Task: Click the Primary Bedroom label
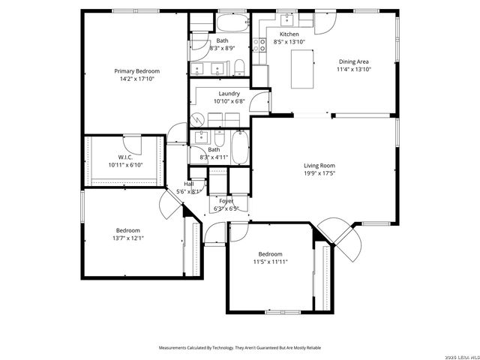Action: pyautogui.click(x=136, y=71)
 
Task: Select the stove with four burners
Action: pyautogui.click(x=262, y=46)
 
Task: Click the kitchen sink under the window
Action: pyautogui.click(x=289, y=20)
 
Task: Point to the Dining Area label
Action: pyautogui.click(x=354, y=61)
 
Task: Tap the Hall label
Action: pyautogui.click(x=189, y=184)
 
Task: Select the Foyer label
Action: pyautogui.click(x=226, y=201)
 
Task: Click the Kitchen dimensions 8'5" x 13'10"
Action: pyautogui.click(x=289, y=42)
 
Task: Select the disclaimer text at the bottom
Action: pyautogui.click(x=239, y=348)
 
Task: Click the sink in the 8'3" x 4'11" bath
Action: pyautogui.click(x=200, y=139)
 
